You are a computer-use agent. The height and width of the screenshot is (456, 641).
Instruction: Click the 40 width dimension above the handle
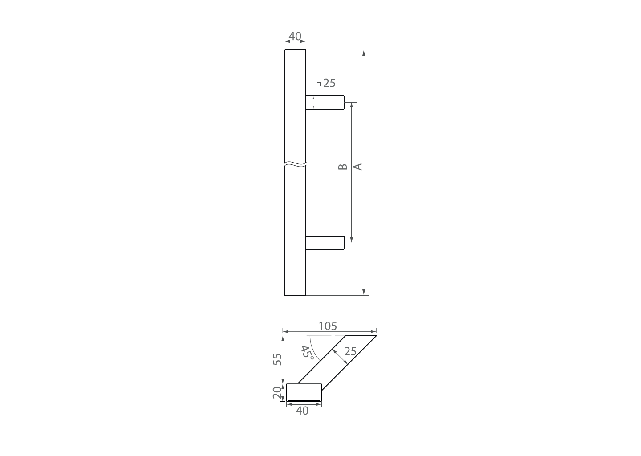295,36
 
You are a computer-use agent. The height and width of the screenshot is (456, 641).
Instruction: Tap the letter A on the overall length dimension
357,167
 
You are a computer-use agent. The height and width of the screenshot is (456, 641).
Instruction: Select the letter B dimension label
342,167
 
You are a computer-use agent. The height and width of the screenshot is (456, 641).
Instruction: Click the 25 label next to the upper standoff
329,83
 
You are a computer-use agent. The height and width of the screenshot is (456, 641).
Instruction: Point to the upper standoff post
325,102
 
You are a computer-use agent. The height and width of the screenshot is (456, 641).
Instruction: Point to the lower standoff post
325,243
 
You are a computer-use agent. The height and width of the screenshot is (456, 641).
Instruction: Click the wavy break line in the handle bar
295,164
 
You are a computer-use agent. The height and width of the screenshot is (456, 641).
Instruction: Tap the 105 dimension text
328,326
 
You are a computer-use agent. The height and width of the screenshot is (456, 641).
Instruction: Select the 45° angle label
307,353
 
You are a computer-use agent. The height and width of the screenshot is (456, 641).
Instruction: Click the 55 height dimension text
277,359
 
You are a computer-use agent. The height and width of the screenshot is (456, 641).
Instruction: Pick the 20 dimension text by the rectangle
277,392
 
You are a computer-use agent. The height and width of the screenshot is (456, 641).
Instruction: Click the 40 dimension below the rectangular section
302,411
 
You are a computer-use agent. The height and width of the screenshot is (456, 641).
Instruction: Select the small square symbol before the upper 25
319,84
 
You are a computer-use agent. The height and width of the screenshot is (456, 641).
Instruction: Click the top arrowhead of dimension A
364,53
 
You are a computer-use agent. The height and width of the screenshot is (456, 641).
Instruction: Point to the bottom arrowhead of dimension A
364,292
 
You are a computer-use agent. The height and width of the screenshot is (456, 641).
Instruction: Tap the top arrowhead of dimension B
351,105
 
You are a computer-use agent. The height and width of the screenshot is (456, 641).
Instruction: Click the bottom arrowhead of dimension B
351,240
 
